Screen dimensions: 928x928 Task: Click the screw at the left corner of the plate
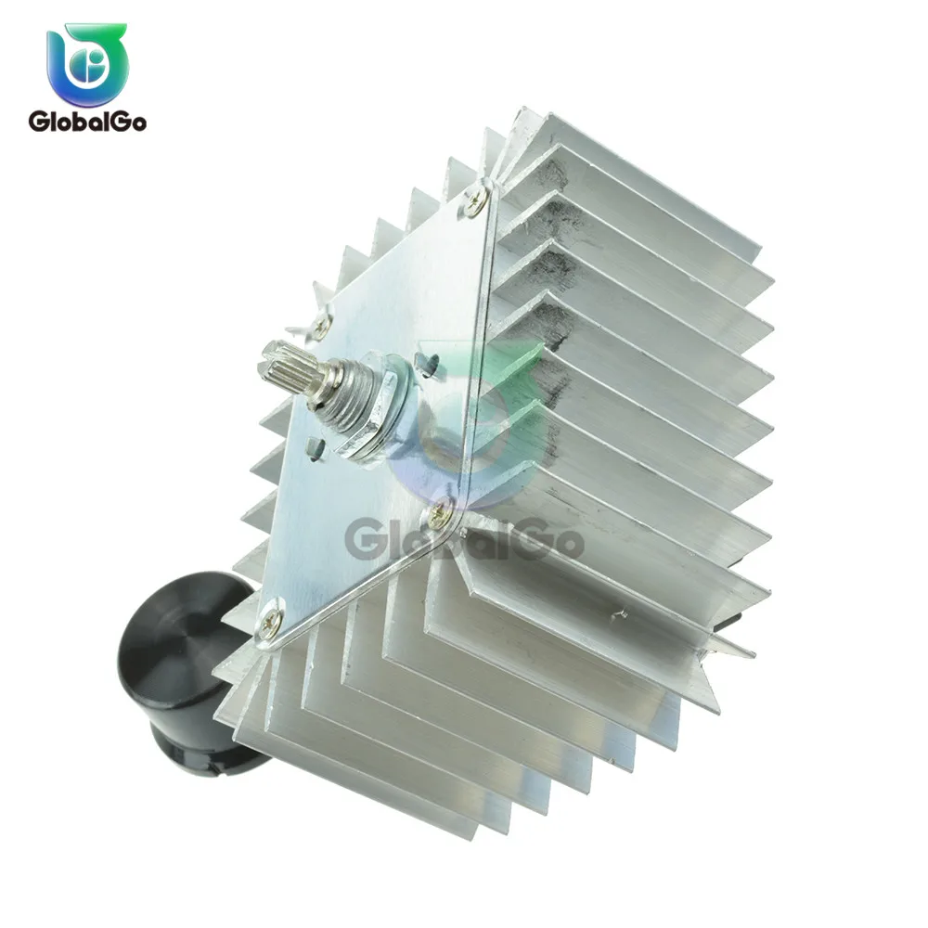tap(320, 325)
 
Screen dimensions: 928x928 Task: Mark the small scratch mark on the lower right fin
tap(614, 612)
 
